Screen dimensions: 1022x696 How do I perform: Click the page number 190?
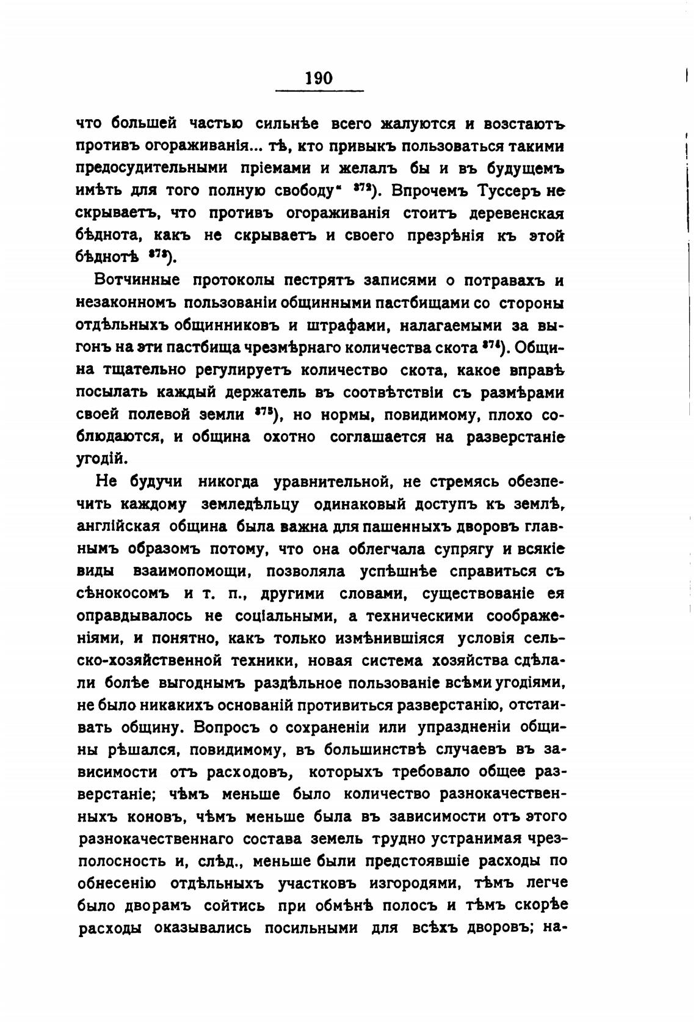(x=319, y=78)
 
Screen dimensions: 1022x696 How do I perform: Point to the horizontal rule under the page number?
(x=319, y=92)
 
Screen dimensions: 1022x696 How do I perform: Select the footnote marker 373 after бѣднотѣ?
(x=161, y=254)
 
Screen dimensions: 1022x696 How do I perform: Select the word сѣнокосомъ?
(x=125, y=594)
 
